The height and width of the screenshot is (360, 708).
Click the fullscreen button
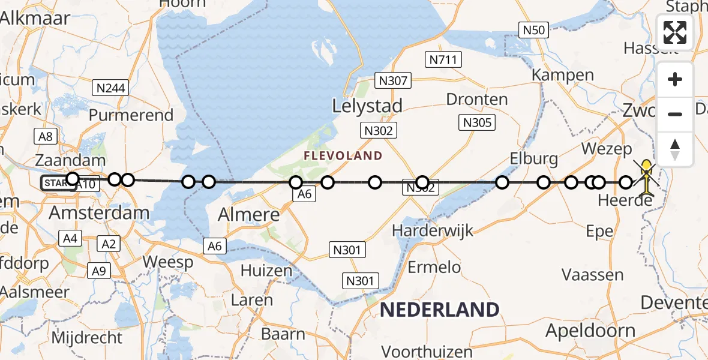coord(675,32)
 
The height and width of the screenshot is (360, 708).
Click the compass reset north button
coord(675,149)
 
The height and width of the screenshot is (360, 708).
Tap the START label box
coord(58,184)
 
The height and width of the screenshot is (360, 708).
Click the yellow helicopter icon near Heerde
coord(646,177)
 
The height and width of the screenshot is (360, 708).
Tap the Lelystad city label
coord(368,106)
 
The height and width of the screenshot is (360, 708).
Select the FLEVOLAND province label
coord(343,156)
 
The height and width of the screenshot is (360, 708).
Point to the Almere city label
coord(249,214)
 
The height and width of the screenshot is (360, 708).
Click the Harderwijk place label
coord(433,230)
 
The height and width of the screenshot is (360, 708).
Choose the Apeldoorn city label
coord(590,331)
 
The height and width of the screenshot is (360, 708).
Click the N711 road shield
coord(443,59)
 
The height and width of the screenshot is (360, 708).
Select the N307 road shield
coord(392,80)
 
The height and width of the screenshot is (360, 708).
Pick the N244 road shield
coord(111,89)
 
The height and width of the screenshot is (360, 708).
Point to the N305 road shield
coord(477,123)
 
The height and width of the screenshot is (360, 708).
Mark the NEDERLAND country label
coord(440,310)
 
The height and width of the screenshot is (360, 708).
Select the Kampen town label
coord(563,76)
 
